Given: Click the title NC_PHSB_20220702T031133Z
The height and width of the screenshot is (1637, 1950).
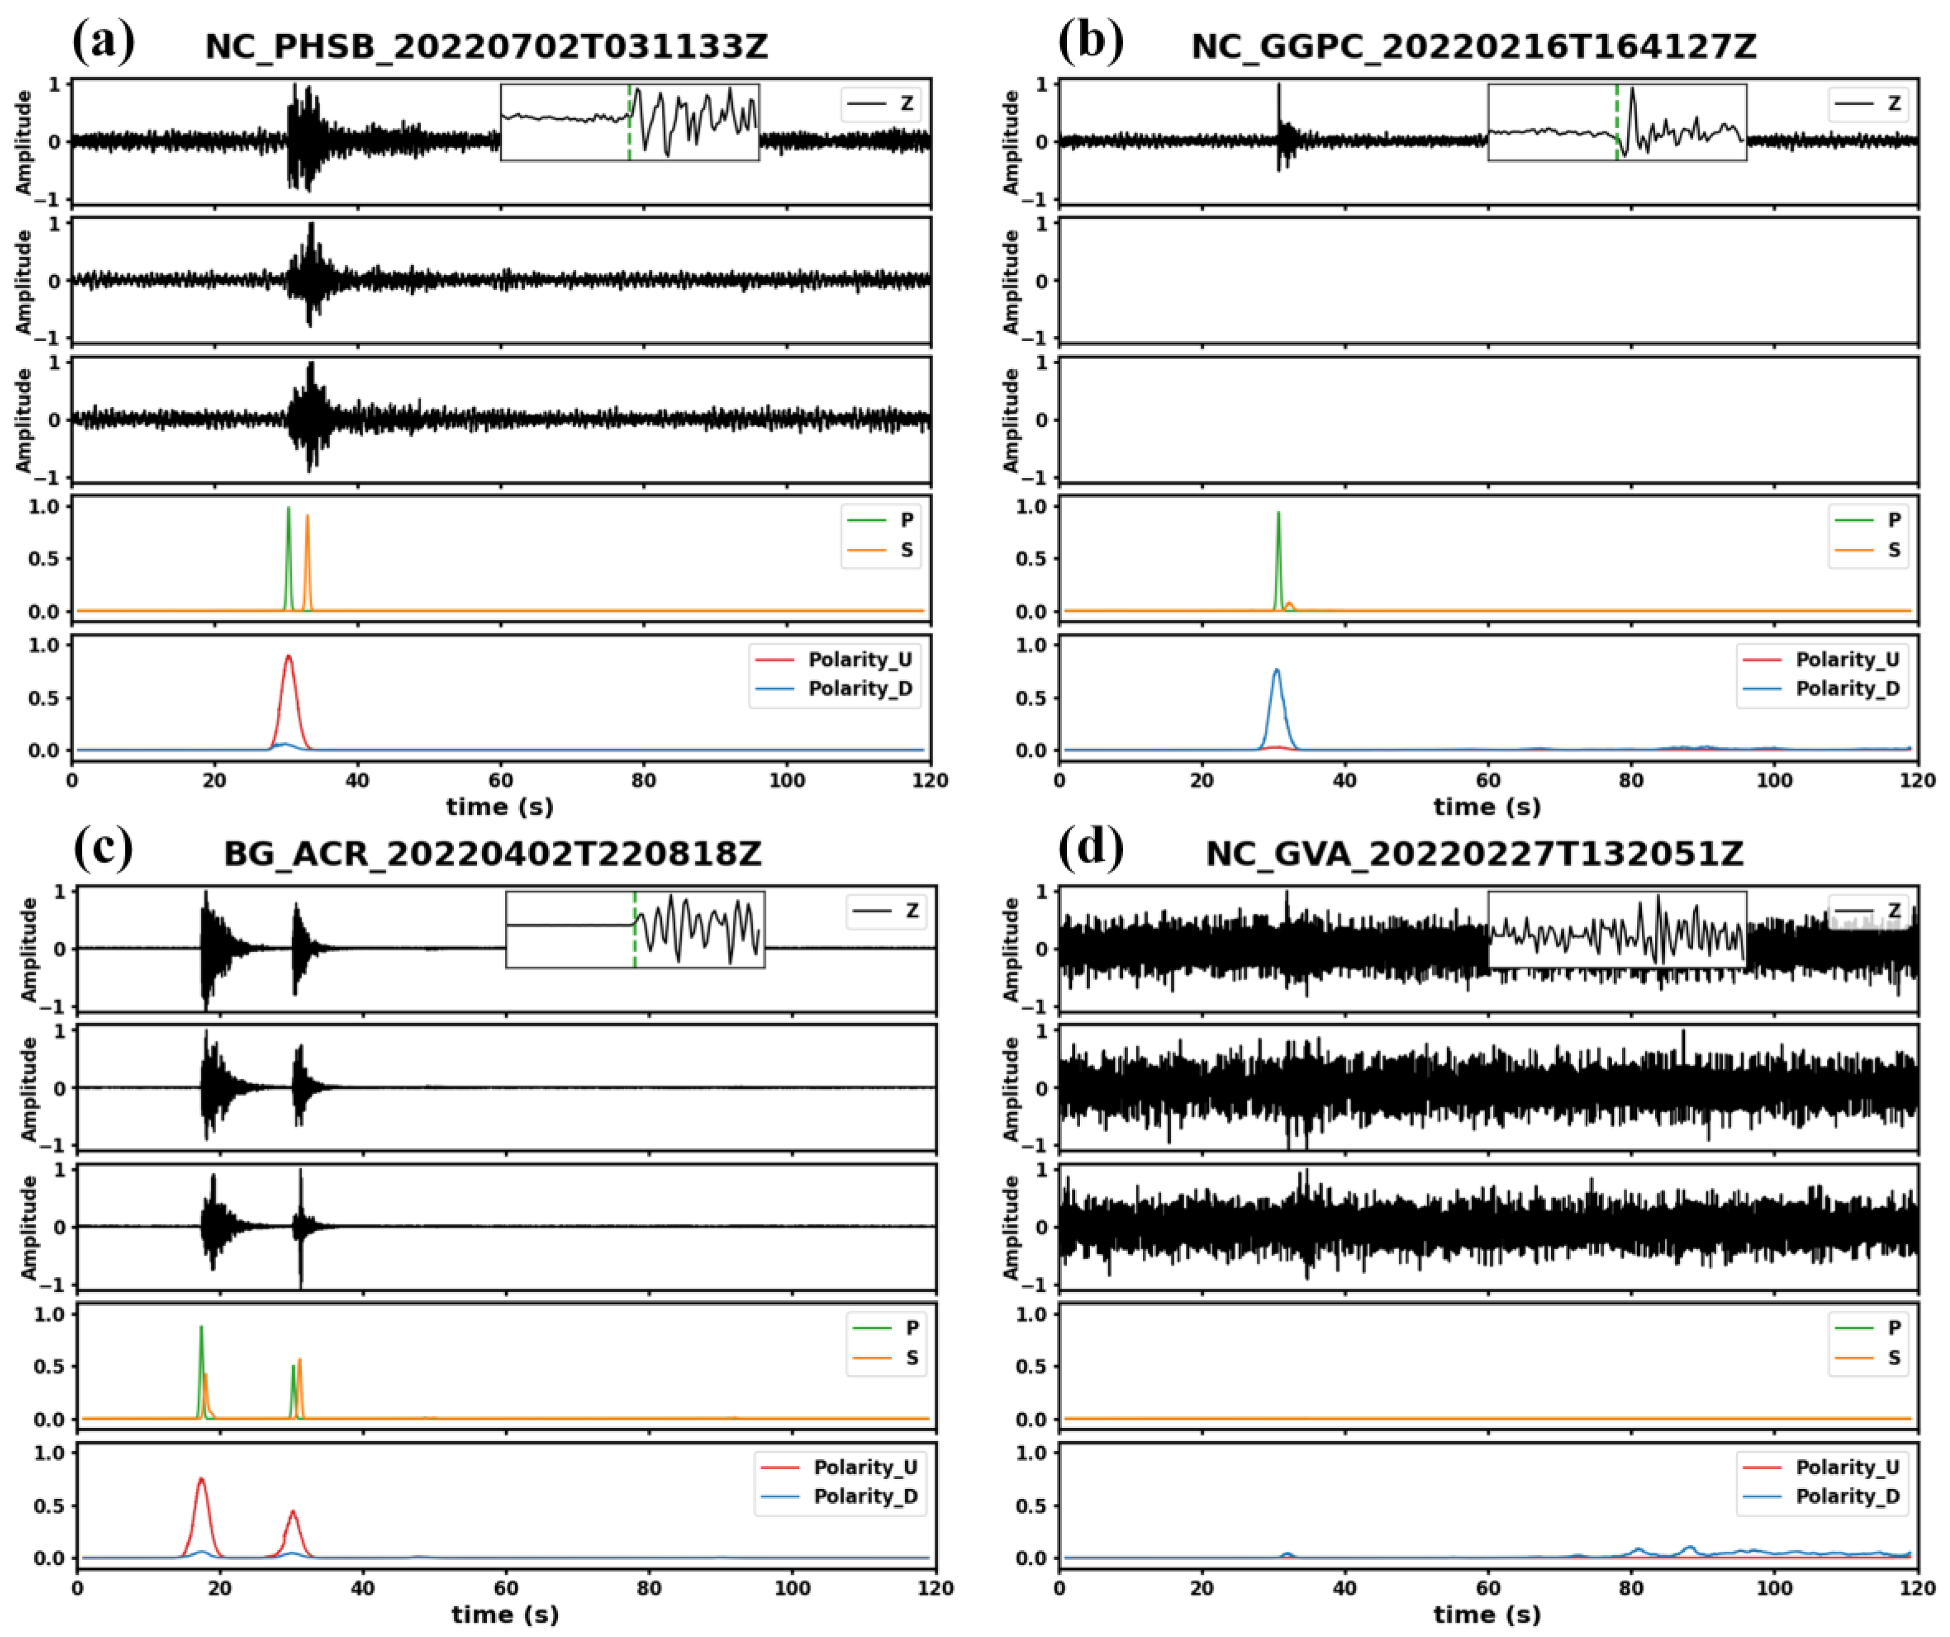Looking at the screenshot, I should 486,46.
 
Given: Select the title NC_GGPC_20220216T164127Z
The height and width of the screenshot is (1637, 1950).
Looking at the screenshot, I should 1474,46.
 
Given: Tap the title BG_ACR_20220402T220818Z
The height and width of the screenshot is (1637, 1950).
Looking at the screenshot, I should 492,853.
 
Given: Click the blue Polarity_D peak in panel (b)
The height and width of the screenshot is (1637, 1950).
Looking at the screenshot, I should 1277,671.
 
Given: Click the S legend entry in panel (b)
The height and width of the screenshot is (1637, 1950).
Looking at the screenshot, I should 1893,550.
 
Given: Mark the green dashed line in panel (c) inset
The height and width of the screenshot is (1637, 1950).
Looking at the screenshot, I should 634,929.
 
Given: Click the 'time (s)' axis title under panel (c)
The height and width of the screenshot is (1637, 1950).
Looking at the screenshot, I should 505,1614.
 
